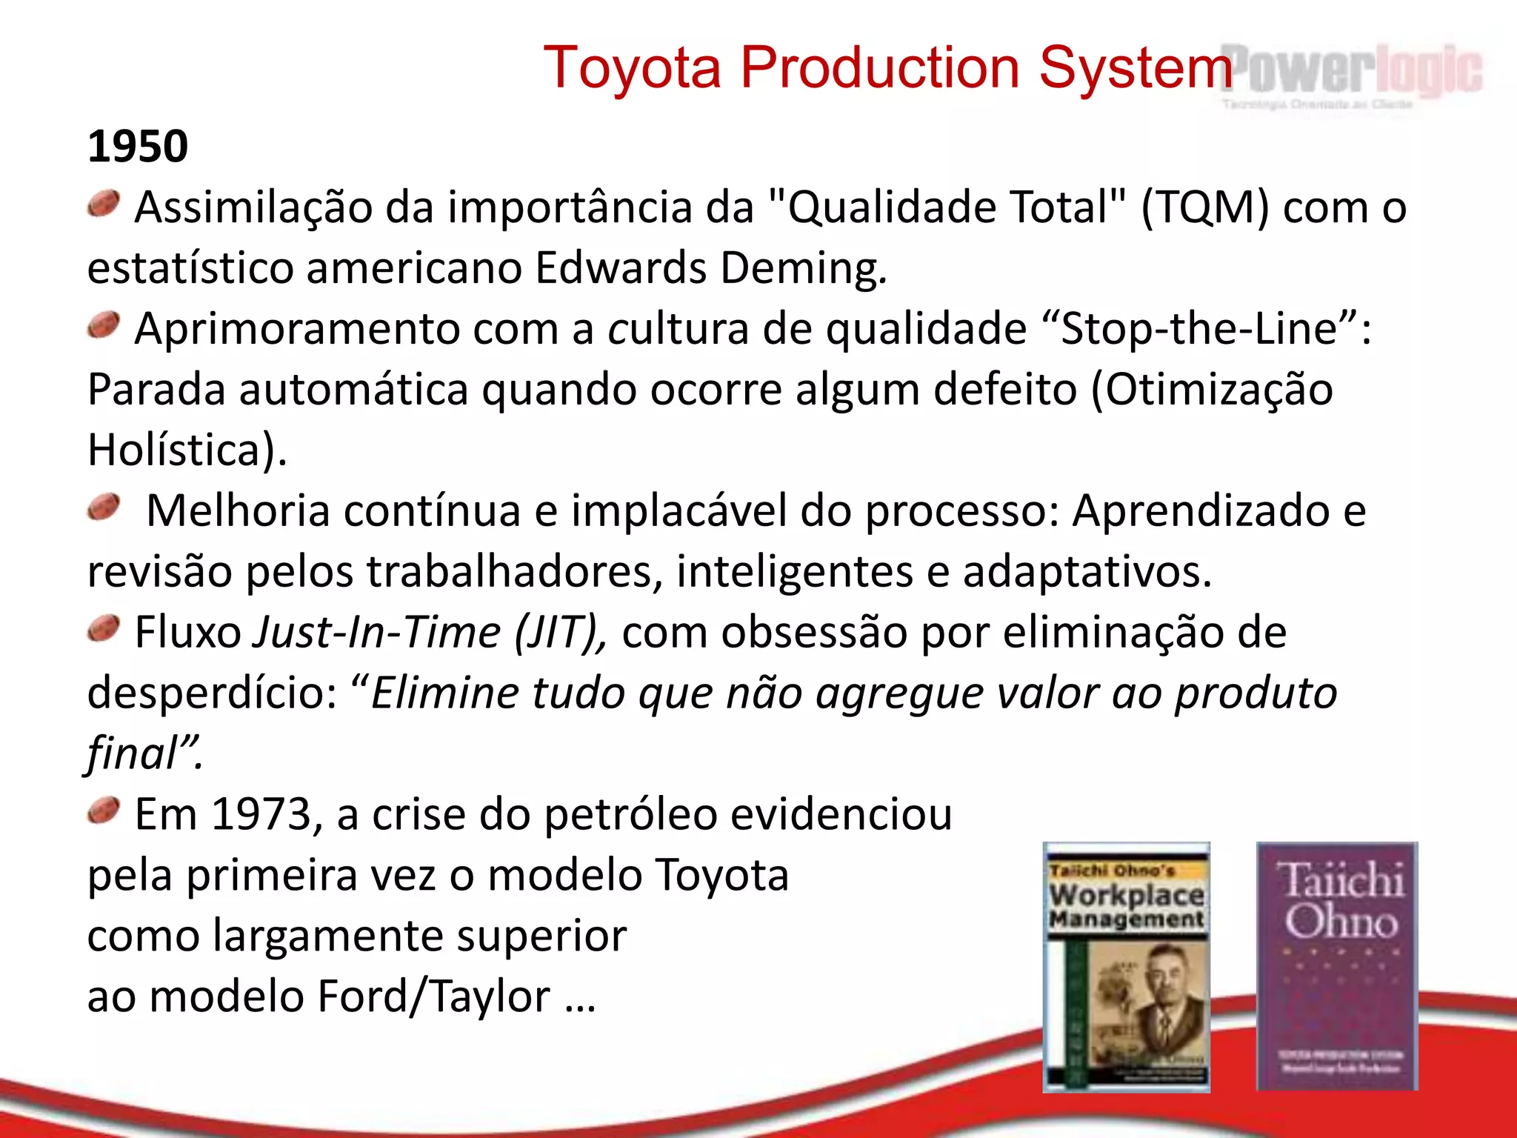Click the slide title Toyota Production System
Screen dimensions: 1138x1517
(x=887, y=68)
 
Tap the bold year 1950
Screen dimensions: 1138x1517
(x=138, y=146)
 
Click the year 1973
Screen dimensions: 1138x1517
(x=261, y=815)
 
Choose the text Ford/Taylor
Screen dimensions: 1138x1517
(x=433, y=996)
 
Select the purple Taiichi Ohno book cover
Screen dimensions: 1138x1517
(x=1337, y=966)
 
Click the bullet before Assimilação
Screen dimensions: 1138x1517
(x=104, y=204)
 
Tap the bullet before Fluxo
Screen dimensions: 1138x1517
(x=104, y=629)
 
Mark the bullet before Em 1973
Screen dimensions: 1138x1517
(x=104, y=811)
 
